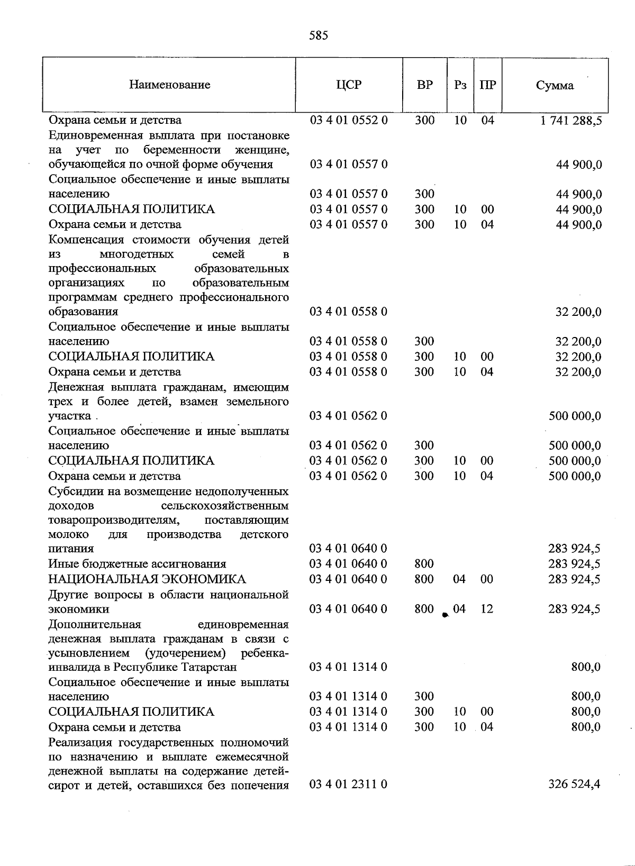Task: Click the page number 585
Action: [x=318, y=35]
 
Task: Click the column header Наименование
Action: [x=169, y=85]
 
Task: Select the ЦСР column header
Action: [x=349, y=85]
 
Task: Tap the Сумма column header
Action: [x=555, y=85]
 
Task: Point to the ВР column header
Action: [x=424, y=85]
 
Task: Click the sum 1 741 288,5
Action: [x=571, y=121]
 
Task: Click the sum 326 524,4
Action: [x=575, y=785]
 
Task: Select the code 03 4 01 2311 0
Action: [x=348, y=785]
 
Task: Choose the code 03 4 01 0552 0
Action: [x=348, y=120]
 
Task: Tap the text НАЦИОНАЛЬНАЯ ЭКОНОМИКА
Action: [x=147, y=579]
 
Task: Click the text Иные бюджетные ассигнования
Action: [x=137, y=564]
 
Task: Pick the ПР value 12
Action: [x=487, y=609]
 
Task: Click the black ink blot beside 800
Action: [x=445, y=614]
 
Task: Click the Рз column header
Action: [x=460, y=85]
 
